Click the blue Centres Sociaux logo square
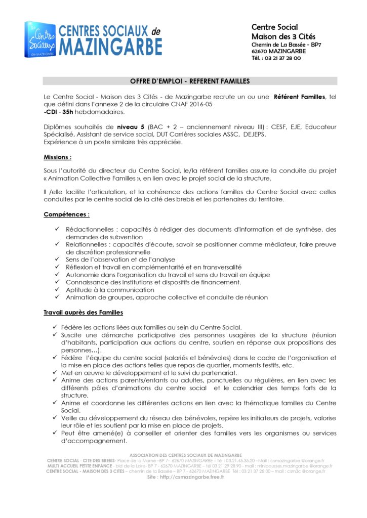(39, 39)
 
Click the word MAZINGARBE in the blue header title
(111, 47)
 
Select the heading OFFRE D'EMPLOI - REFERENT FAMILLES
(190, 81)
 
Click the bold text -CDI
(50, 112)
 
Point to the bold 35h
(68, 112)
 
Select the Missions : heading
(57, 157)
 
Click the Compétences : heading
(66, 214)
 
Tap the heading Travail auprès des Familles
(83, 313)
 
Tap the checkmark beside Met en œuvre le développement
(55, 372)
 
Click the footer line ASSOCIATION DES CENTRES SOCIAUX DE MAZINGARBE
(186, 455)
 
